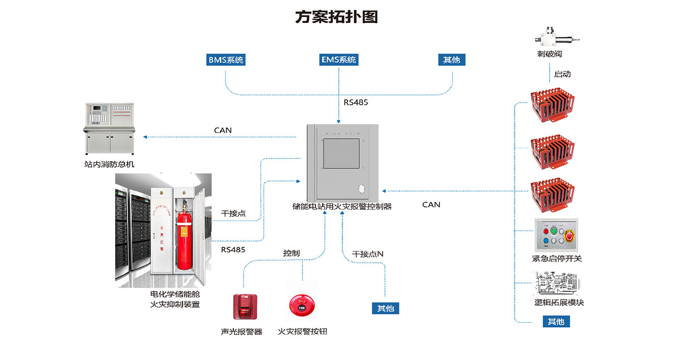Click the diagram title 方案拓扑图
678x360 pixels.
pyautogui.click(x=336, y=17)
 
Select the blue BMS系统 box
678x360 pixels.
pyautogui.click(x=226, y=60)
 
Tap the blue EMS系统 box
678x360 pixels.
pyautogui.click(x=338, y=60)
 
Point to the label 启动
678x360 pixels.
pyautogui.click(x=562, y=74)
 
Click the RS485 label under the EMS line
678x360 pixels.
pyautogui.click(x=356, y=102)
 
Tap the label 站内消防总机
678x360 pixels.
pyautogui.click(x=109, y=165)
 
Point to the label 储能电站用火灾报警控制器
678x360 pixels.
pyautogui.click(x=342, y=207)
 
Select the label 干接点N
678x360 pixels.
pyautogui.click(x=368, y=254)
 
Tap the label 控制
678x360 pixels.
pyautogui.click(x=292, y=253)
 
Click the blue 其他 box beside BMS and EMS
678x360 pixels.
pyautogui.click(x=452, y=60)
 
